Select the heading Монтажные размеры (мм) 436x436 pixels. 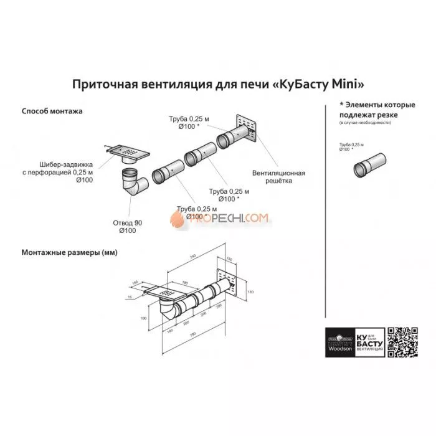[70, 253]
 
